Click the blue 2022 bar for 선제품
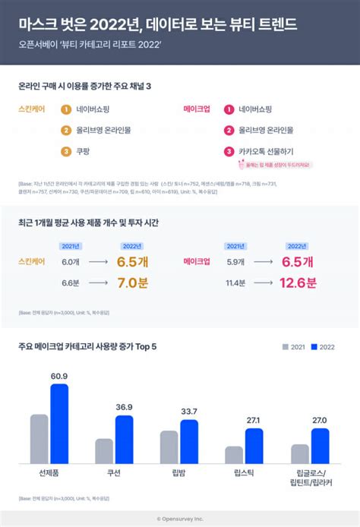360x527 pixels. coord(59,424)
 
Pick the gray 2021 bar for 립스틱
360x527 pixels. coord(234,455)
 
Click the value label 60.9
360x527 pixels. coord(59,377)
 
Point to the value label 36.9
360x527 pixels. coord(125,408)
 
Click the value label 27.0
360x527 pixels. coord(321,420)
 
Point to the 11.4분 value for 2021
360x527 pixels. coord(235,283)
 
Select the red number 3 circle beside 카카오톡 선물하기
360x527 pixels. coord(228,151)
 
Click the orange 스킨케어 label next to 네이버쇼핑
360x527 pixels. coord(31,109)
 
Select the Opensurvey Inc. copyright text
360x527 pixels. coord(180,519)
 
